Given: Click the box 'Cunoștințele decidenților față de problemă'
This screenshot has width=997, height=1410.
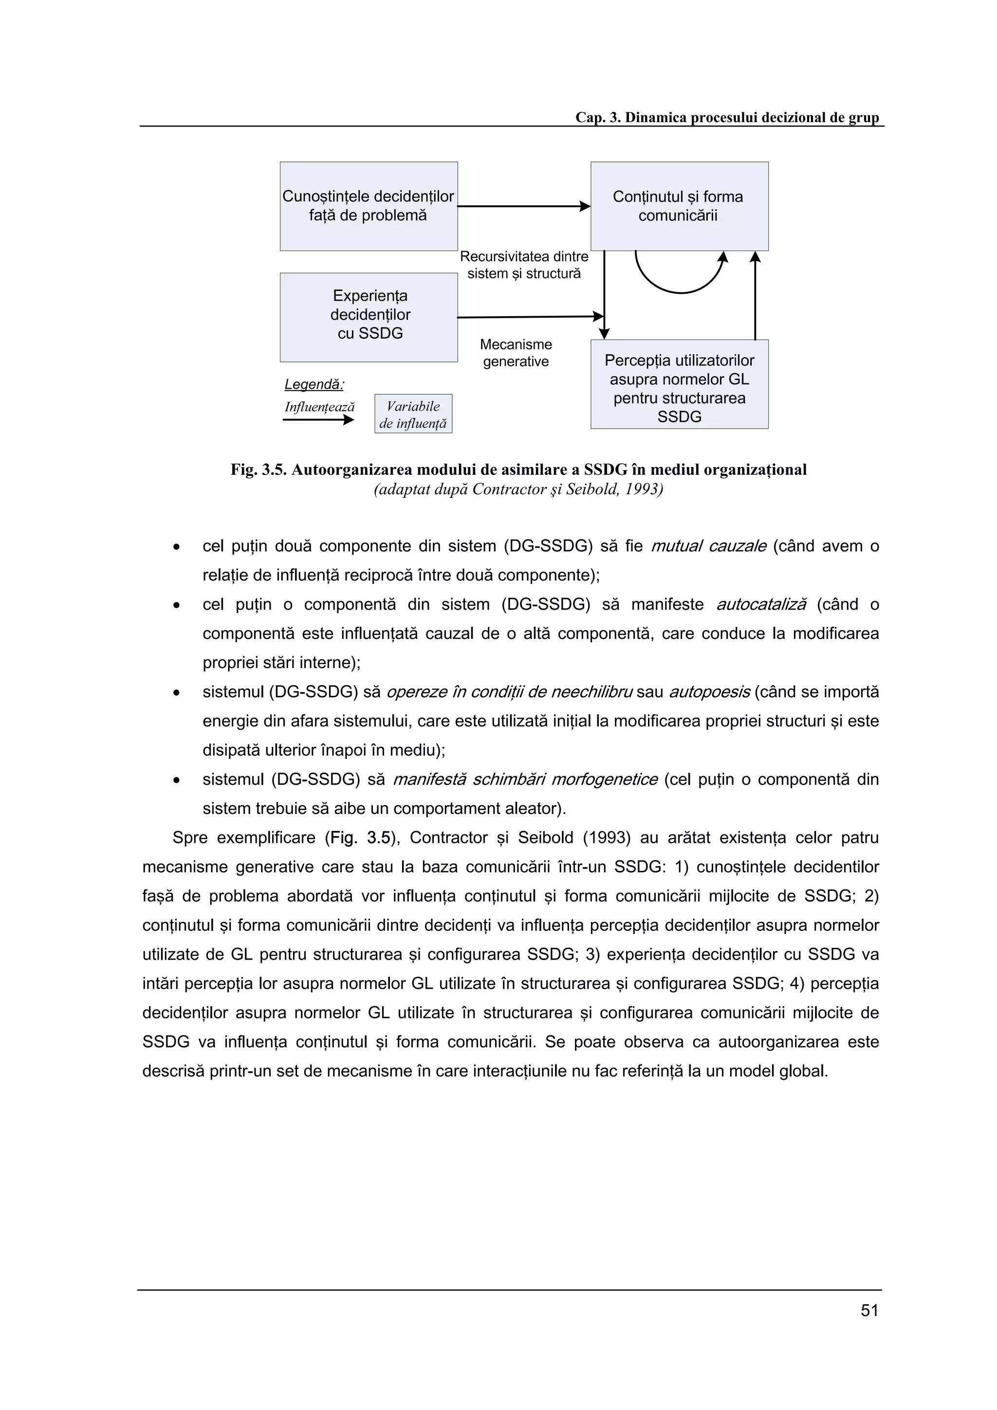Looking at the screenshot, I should pyautogui.click(x=369, y=206).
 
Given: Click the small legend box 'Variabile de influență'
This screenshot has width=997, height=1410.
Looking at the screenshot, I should pyautogui.click(x=413, y=414).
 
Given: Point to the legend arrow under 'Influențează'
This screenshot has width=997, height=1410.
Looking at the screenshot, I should pyautogui.click(x=317, y=420).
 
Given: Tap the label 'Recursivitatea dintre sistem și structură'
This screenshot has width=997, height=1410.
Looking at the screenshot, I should pyautogui.click(x=524, y=265).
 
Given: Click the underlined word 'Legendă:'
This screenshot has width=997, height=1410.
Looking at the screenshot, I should pyautogui.click(x=314, y=384).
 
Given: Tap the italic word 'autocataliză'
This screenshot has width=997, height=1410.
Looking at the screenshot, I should pyautogui.click(x=761, y=604).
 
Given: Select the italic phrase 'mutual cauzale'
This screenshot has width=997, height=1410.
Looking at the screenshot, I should pyautogui.click(x=708, y=546).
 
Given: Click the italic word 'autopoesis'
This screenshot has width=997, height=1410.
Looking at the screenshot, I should pyautogui.click(x=709, y=692).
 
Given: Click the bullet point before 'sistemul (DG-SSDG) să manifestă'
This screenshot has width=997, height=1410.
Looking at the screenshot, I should pyautogui.click(x=176, y=780).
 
